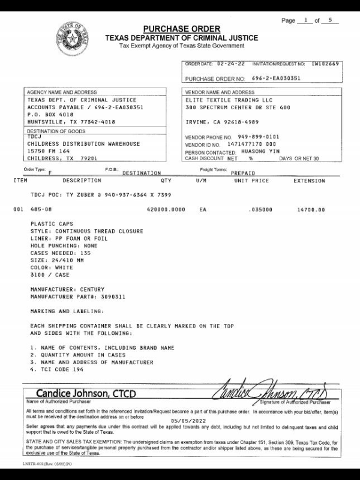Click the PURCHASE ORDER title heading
pyautogui.click(x=181, y=29)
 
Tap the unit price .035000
pyautogui.click(x=261, y=210)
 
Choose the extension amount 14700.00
pyautogui.click(x=311, y=210)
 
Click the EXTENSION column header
pyautogui.click(x=309, y=180)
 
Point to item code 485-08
pyautogui.click(x=41, y=210)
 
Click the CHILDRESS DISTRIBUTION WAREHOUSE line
pyautogui.click(x=83, y=144)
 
